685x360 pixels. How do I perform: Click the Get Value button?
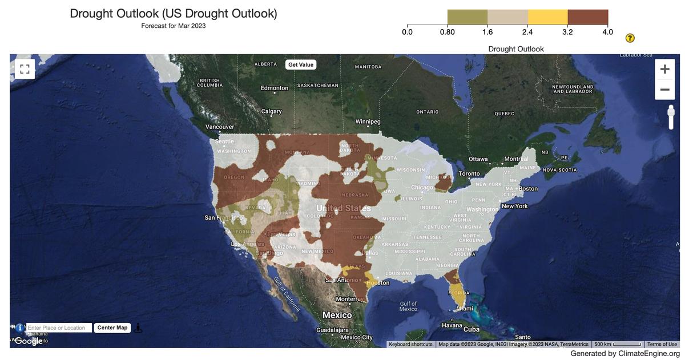click(300, 64)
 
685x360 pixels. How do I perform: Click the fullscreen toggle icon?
click(25, 70)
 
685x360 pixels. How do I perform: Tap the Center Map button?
click(112, 327)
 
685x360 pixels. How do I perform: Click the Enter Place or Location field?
click(59, 328)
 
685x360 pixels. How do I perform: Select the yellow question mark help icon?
click(630, 38)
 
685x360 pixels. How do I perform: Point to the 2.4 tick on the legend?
click(527, 32)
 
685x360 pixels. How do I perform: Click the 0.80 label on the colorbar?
click(447, 32)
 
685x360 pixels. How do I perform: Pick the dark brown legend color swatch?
click(587, 17)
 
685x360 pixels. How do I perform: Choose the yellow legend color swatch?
click(547, 17)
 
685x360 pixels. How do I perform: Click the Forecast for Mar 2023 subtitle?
click(174, 26)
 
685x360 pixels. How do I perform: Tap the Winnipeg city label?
click(368, 122)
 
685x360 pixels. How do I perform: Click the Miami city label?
click(465, 309)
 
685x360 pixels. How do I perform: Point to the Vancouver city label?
click(220, 127)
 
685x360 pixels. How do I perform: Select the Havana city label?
click(452, 326)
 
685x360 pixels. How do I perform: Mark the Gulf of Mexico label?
click(408, 306)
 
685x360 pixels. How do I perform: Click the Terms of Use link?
click(662, 345)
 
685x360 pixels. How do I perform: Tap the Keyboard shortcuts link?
click(410, 345)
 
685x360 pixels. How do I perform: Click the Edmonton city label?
click(275, 88)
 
